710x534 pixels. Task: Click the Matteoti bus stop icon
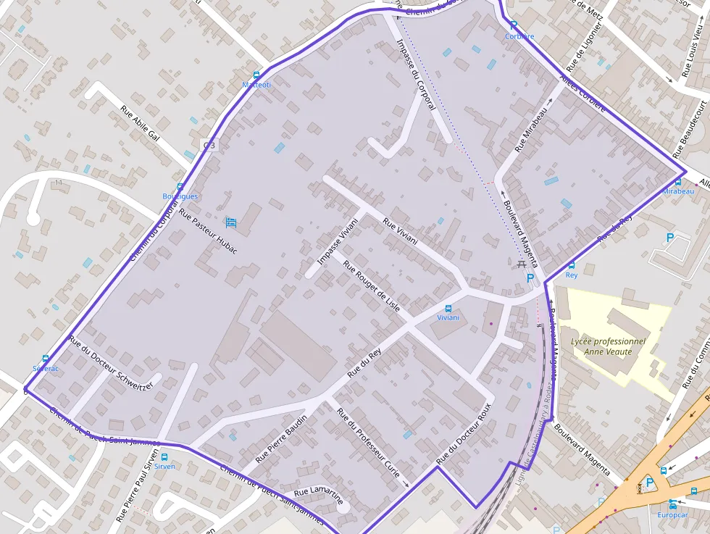(x=256, y=75)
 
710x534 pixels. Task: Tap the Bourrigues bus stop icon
(x=180, y=187)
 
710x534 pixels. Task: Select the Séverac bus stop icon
(x=46, y=359)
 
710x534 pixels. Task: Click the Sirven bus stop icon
(x=164, y=457)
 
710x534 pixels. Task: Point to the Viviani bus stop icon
(x=448, y=309)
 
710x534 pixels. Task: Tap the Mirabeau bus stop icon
(x=678, y=182)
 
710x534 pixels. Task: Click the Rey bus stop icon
(x=572, y=266)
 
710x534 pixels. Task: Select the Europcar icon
(x=672, y=505)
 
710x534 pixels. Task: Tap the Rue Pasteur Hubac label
(x=208, y=233)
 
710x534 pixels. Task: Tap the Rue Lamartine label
(x=318, y=496)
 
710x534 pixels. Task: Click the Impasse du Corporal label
(x=416, y=74)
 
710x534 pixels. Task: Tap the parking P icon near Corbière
(x=514, y=25)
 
